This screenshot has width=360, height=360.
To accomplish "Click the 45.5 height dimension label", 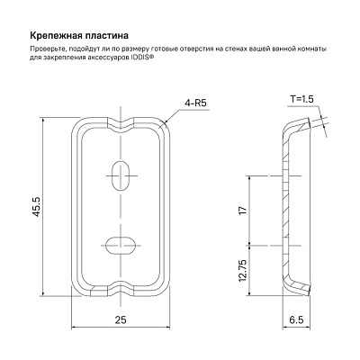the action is tap(36, 207).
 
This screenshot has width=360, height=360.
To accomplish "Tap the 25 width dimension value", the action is tap(121, 319).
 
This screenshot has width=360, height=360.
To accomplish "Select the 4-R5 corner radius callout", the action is tap(196, 103).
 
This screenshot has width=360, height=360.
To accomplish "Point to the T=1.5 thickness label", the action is tap(301, 99).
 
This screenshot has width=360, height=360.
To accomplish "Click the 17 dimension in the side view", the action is tap(243, 210).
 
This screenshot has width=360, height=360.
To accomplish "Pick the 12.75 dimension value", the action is tap(243, 270).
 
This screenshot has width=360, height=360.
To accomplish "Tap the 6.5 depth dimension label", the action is tap(296, 319).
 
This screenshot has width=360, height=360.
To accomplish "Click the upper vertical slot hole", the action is tap(120, 175).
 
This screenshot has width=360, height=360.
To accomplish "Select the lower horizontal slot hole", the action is tap(121, 246).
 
